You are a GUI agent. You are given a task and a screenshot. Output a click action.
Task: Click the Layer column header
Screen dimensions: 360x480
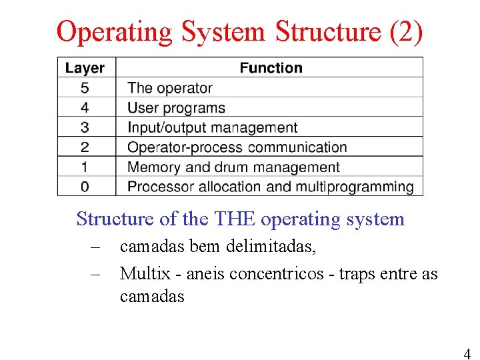(x=85, y=68)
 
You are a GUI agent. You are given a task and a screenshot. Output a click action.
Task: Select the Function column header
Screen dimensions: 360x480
(x=271, y=68)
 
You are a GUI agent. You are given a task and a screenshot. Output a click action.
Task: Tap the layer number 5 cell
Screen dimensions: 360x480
(x=85, y=88)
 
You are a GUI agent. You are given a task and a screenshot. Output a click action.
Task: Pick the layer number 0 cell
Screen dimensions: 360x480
(x=85, y=187)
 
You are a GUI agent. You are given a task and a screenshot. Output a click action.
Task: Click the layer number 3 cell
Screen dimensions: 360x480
(x=85, y=127)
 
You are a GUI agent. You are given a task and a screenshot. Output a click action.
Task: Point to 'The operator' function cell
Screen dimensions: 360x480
(x=169, y=88)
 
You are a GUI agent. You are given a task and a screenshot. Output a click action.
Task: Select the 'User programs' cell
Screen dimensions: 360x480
(x=176, y=107)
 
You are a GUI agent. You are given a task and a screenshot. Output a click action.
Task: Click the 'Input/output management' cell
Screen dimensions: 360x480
(x=212, y=127)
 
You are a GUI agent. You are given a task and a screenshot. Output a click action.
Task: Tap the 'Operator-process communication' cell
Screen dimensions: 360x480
(x=237, y=147)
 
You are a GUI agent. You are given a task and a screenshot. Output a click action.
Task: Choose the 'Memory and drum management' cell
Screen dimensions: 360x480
(x=233, y=167)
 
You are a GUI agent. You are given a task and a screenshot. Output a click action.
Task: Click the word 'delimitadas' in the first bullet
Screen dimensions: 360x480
(x=271, y=247)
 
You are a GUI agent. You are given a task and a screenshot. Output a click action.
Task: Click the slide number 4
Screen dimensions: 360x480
(x=467, y=353)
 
